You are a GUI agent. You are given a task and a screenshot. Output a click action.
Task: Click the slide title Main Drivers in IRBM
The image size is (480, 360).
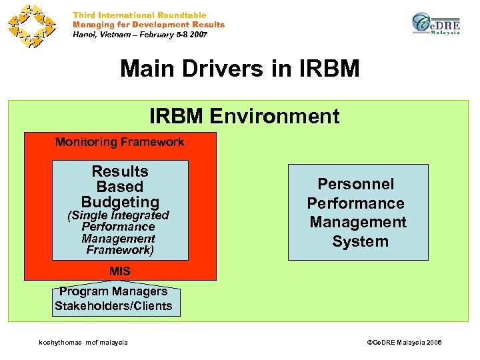tap(239, 69)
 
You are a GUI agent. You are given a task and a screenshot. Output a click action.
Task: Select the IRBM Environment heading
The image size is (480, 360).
tap(244, 117)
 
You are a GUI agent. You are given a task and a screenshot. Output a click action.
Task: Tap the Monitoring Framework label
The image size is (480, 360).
tap(119, 142)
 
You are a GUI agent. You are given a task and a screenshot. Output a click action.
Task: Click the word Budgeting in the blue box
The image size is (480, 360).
tap(120, 202)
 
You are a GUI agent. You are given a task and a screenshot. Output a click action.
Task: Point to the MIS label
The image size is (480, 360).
tap(120, 271)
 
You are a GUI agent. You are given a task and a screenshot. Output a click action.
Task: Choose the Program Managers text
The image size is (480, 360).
tap(113, 291)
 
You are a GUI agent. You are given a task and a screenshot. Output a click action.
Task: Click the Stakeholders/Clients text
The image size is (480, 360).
tap(113, 306)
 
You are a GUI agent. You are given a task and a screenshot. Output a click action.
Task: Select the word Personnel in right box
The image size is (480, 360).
tap(356, 184)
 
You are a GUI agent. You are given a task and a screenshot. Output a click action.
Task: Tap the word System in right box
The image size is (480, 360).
tap(359, 241)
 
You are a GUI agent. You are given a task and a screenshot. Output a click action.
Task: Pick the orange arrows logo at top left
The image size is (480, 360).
tap(31, 26)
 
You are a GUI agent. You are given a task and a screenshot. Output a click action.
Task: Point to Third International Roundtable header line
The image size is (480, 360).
tap(139, 15)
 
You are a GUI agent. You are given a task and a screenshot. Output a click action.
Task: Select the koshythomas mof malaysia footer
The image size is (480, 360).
tap(83, 343)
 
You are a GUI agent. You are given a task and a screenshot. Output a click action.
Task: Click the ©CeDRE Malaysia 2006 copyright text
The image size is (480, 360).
tap(405, 343)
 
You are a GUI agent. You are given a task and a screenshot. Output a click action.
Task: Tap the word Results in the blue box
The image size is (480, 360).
tap(120, 172)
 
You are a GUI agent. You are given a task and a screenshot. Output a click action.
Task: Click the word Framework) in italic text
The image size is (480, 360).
tap(120, 251)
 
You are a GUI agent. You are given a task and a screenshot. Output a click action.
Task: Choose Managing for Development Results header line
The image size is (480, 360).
tap(149, 25)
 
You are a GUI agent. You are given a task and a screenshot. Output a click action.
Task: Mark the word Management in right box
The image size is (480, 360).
tap(357, 222)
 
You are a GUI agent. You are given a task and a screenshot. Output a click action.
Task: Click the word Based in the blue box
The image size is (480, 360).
tap(120, 187)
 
